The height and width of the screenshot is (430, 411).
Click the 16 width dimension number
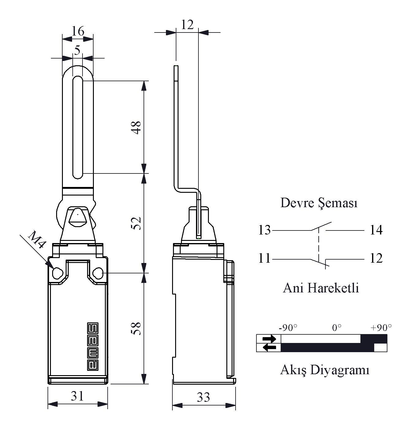pyautogui.click(x=78, y=31)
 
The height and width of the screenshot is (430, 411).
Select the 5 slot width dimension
pyautogui.click(x=77, y=50)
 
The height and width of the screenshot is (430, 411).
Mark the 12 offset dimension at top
pyautogui.click(x=187, y=24)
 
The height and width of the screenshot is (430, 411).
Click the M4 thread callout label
pyautogui.click(x=37, y=240)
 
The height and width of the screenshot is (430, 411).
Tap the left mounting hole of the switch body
pyautogui.click(x=57, y=273)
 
